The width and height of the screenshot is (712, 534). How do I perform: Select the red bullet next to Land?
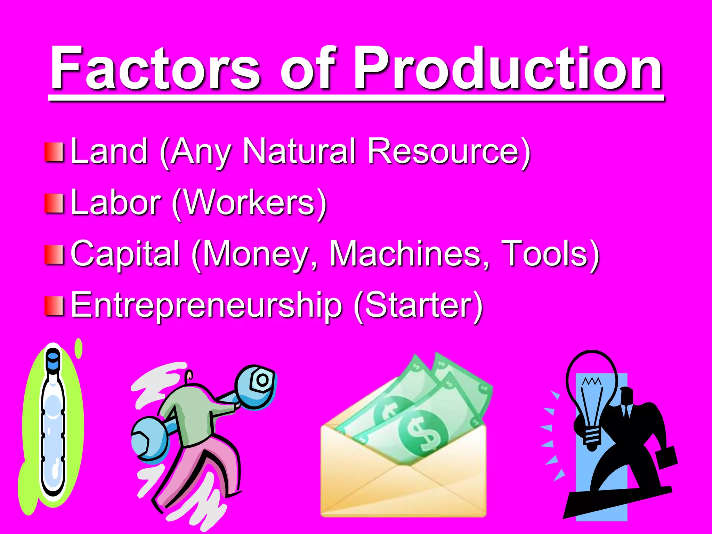(x=54, y=152)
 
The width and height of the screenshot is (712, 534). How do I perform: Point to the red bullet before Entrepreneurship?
(x=54, y=306)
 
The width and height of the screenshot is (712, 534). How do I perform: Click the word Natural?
(x=299, y=151)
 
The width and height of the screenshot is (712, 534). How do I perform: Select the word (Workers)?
(x=249, y=203)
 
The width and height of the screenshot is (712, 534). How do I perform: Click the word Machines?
(x=409, y=253)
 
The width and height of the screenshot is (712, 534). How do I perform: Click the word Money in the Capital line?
(x=256, y=254)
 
